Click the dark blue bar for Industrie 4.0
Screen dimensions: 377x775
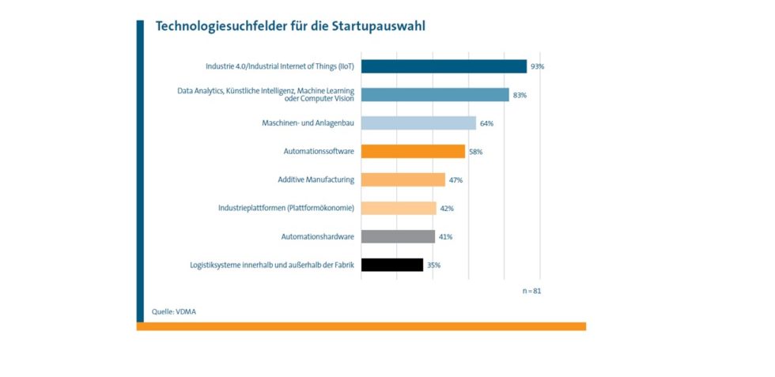(x=444, y=66)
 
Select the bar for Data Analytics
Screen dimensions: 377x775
(x=435, y=95)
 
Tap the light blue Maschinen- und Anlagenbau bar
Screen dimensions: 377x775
(x=418, y=123)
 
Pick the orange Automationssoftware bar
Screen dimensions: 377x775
(x=413, y=152)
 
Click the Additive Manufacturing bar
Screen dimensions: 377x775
(x=403, y=180)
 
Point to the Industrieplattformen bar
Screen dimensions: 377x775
(x=399, y=209)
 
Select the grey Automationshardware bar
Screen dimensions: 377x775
(x=398, y=236)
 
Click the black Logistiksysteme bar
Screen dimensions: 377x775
(x=392, y=265)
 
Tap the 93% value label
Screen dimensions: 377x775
(x=538, y=66)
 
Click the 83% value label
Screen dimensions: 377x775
(x=520, y=95)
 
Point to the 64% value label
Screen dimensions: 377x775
(x=486, y=123)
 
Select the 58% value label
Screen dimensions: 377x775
(x=475, y=152)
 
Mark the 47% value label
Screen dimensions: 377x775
(x=456, y=180)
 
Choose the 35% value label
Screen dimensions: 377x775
(x=433, y=265)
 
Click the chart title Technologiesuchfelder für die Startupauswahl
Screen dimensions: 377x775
(x=290, y=26)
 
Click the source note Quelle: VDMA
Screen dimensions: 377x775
(x=174, y=311)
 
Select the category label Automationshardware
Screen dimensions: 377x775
(x=317, y=236)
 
